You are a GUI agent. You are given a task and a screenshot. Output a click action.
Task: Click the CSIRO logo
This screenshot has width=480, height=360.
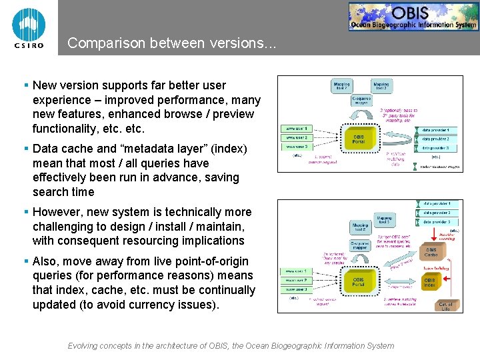29,27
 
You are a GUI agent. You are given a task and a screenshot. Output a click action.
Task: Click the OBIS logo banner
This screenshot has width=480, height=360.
413,17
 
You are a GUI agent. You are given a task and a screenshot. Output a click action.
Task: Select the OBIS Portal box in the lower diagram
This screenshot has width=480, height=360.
358,282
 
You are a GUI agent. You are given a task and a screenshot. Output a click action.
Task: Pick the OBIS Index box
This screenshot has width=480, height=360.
430,283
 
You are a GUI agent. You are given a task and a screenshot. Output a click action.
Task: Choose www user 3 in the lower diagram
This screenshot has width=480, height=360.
297,290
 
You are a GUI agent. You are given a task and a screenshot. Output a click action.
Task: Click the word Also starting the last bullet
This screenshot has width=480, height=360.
47,261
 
